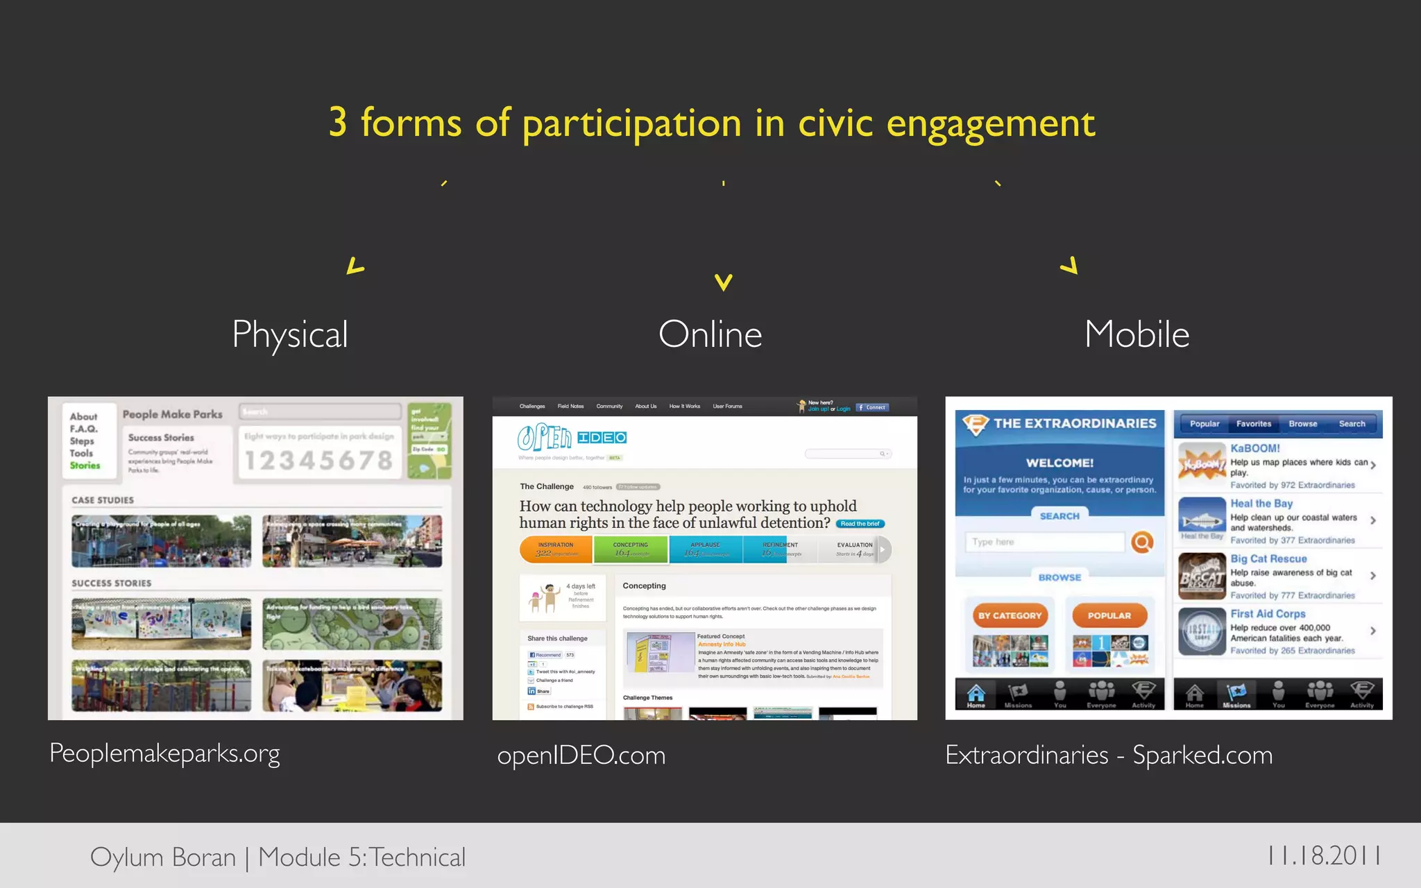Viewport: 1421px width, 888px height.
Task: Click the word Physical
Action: tap(290, 334)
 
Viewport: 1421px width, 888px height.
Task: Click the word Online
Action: tap(710, 334)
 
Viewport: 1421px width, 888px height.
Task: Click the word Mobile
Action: tap(1137, 334)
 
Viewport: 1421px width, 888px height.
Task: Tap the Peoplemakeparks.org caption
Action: tap(164, 753)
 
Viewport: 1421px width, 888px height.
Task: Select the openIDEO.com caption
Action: tap(581, 755)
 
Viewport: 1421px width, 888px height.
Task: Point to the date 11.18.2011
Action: tap(1324, 855)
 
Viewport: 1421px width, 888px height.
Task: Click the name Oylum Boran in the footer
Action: tap(163, 857)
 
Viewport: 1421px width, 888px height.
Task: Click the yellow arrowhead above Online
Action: tap(724, 282)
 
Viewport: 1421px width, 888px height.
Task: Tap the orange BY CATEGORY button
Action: tap(1010, 615)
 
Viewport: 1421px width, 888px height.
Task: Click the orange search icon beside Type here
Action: tap(1142, 542)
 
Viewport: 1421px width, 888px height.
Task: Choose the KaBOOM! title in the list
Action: tap(1255, 448)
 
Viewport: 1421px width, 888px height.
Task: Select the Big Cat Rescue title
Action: tap(1268, 558)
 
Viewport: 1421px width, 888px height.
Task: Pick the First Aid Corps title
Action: tap(1268, 614)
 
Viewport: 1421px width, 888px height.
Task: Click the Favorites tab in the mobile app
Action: tap(1253, 424)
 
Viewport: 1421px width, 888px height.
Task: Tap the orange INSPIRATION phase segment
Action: tap(556, 549)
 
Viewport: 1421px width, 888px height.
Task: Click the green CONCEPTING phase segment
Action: tap(631, 549)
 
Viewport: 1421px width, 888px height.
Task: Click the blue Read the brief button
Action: tap(860, 524)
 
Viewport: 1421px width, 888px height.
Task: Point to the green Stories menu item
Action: tap(85, 466)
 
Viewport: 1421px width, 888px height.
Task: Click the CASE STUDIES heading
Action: tap(103, 500)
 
